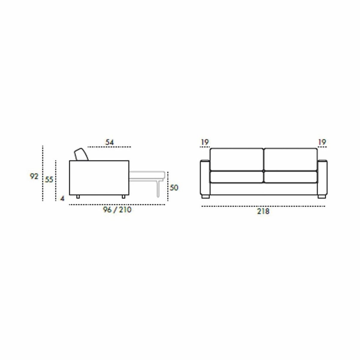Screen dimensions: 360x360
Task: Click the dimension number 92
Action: click(x=34, y=176)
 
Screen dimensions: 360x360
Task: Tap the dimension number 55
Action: click(x=49, y=180)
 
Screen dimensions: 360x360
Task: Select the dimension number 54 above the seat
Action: click(x=109, y=142)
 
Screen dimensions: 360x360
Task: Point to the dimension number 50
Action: click(x=174, y=187)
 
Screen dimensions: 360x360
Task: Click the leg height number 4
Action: click(x=62, y=199)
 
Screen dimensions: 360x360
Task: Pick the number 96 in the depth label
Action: click(x=107, y=210)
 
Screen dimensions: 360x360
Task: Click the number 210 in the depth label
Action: click(x=125, y=210)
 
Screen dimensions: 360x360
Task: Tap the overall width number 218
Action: click(x=263, y=211)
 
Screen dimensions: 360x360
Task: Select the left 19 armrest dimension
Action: click(x=205, y=142)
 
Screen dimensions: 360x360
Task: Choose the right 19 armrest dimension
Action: click(x=322, y=142)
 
